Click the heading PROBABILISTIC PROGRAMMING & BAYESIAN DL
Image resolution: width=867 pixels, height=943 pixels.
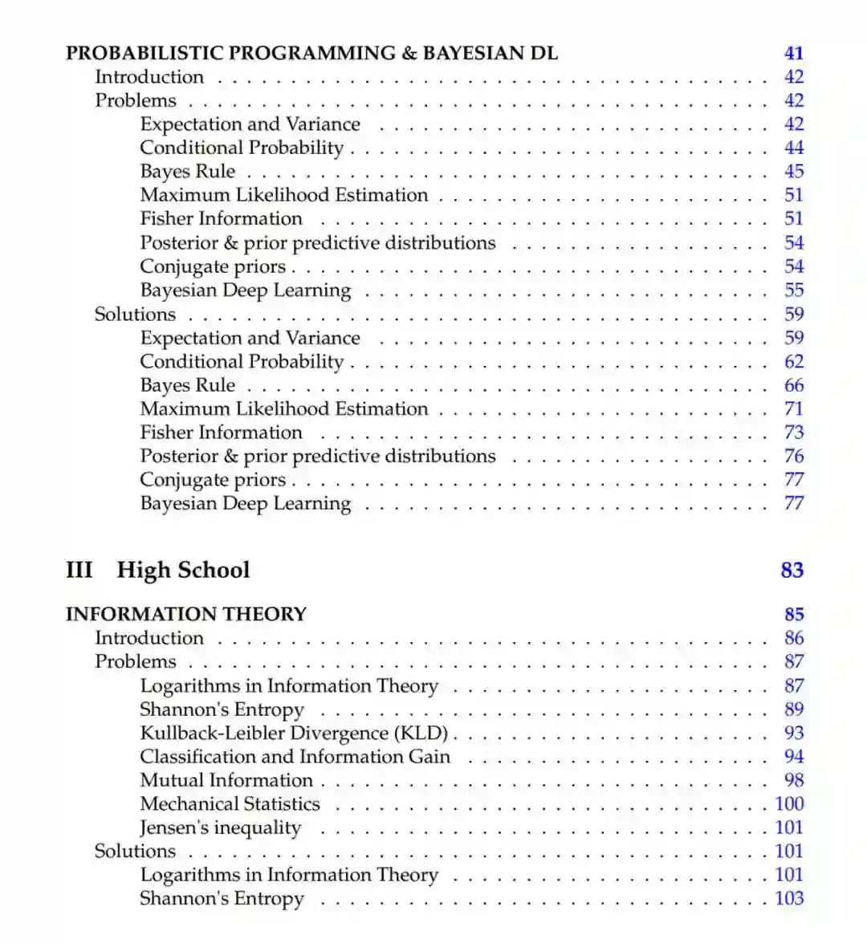[x=311, y=53]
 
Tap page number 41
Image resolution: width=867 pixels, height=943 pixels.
[x=793, y=53]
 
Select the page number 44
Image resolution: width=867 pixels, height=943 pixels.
[x=793, y=148]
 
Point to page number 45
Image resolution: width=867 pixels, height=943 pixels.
[x=793, y=171]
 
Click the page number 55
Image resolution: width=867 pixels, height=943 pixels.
[x=793, y=290]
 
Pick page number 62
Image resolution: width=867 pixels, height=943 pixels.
[x=793, y=361]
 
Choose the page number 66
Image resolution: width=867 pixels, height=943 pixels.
[x=793, y=385]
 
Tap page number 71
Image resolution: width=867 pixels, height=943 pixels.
[x=793, y=408]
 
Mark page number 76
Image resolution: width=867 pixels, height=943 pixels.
[x=793, y=456]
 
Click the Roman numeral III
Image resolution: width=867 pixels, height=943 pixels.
[x=79, y=570]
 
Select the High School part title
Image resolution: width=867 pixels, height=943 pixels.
[x=183, y=570]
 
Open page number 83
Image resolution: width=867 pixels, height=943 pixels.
[x=792, y=570]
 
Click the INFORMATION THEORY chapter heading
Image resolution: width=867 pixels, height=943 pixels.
[x=186, y=614]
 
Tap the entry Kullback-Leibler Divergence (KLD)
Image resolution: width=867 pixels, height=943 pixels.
[x=294, y=733]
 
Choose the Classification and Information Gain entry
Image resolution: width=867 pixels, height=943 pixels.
[x=295, y=756]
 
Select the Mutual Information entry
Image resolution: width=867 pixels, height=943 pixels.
[x=226, y=780]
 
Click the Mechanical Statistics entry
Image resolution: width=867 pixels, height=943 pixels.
[x=230, y=803]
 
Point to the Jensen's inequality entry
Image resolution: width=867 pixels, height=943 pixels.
[x=220, y=827]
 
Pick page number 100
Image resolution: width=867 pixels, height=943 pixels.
[x=788, y=803]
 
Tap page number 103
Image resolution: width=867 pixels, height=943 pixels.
[x=788, y=898]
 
